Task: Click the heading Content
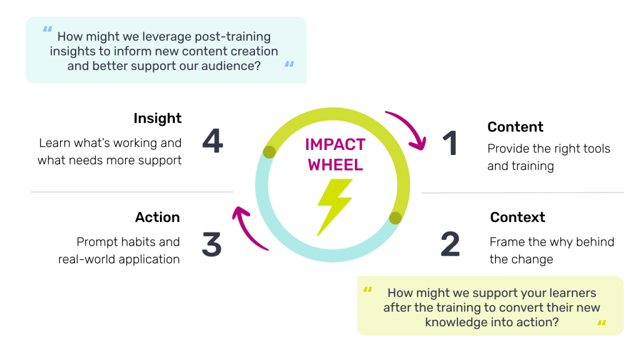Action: tap(515, 127)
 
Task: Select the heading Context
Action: tap(517, 217)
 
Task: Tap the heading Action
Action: tap(157, 217)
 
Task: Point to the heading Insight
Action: tap(157, 119)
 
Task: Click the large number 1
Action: tap(451, 143)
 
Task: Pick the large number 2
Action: tap(450, 244)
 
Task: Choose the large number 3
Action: tap(212, 244)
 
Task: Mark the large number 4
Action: tap(212, 141)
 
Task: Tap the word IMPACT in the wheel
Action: tap(334, 145)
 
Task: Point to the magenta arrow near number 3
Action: tap(247, 228)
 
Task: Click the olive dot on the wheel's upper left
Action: tap(269, 151)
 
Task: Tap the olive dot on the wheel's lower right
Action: tap(395, 217)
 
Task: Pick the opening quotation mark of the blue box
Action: tap(47, 29)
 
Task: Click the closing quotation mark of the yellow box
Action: tap(602, 323)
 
